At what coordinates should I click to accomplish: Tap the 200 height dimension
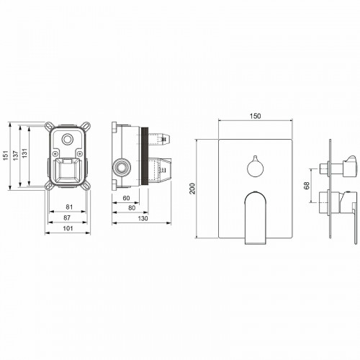pos(192,189)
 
